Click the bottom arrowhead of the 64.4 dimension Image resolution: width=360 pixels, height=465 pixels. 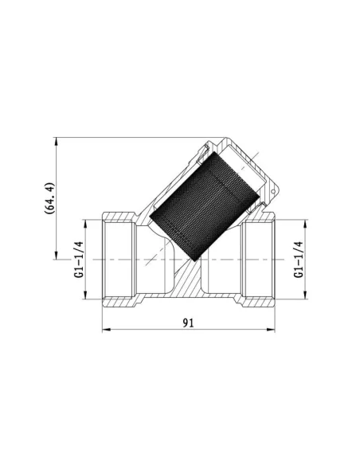click(55, 256)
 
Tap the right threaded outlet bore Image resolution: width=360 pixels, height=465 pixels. click(257, 260)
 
